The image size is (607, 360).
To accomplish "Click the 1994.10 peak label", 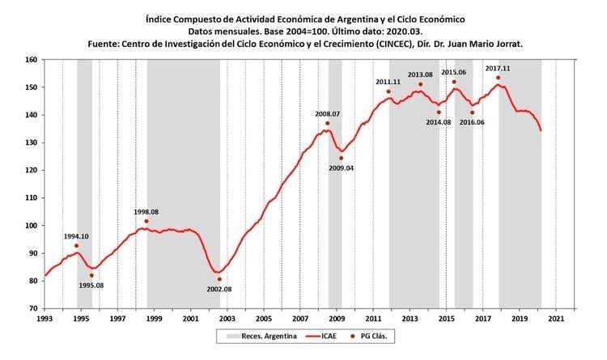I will [76, 236].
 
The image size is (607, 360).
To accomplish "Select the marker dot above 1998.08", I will [146, 221].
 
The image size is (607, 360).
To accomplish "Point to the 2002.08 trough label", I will [219, 289].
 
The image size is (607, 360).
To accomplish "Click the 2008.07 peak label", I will [327, 114].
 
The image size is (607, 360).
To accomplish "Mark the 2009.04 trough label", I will [341, 167].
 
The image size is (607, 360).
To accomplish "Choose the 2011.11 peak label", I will [388, 82].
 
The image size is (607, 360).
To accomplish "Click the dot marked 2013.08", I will [421, 84].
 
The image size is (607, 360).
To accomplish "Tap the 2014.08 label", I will [438, 122].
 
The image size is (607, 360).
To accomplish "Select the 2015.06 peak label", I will [454, 72].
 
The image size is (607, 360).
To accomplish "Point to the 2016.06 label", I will [472, 122].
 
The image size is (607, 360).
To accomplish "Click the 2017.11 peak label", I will [498, 68].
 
